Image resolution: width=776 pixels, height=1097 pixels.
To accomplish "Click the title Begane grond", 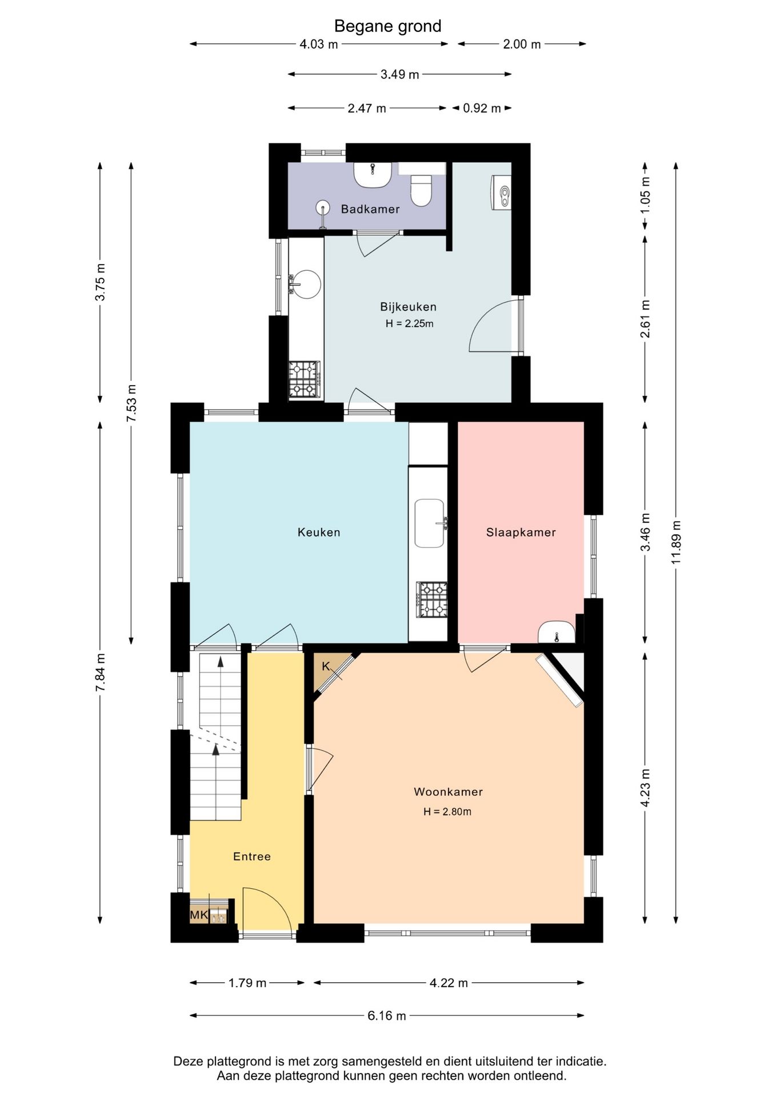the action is click(387, 26).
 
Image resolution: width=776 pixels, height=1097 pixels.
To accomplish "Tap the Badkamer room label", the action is click(370, 209).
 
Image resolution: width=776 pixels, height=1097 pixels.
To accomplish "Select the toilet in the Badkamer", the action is click(422, 190).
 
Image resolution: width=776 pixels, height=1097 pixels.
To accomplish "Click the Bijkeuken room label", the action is click(408, 307).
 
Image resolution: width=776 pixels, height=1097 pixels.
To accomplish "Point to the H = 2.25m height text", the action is click(409, 323).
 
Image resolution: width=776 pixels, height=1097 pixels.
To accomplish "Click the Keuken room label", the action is click(319, 533).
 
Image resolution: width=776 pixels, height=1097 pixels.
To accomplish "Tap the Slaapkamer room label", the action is click(521, 533).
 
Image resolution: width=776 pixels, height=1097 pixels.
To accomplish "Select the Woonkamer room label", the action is click(449, 792).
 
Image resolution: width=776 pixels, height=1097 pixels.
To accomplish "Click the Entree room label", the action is click(252, 856).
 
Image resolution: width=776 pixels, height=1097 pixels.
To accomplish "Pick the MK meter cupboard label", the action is click(199, 915).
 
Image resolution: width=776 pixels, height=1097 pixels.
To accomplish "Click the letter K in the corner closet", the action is click(326, 666).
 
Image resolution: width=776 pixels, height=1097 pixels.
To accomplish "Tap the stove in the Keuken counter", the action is click(432, 599).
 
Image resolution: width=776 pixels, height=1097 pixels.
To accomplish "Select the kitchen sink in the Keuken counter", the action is click(430, 523).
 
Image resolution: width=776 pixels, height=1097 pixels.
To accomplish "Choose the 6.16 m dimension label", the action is click(387, 1015).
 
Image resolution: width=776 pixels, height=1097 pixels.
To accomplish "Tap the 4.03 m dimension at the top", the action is click(319, 44).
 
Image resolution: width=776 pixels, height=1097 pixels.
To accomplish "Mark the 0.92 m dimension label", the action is click(482, 108).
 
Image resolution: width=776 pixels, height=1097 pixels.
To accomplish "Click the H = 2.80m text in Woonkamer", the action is click(447, 811).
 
